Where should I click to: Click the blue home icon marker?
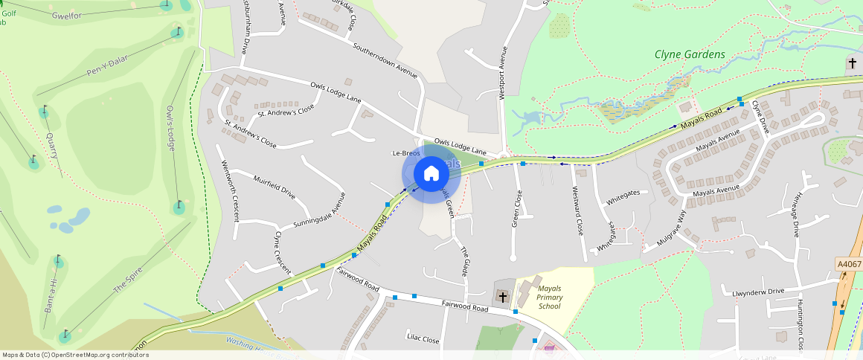431,174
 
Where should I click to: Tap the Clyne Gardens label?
690,54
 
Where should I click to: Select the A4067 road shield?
848,264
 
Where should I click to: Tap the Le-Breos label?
406,153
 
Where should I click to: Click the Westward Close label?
577,210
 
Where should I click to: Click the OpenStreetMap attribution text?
74,355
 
